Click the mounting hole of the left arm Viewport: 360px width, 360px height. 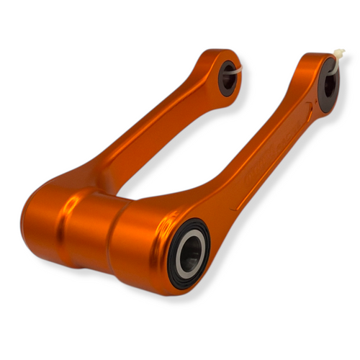[x=228, y=76]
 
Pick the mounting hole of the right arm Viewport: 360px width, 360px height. [x=330, y=84]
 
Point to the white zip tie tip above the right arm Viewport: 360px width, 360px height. [x=339, y=53]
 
